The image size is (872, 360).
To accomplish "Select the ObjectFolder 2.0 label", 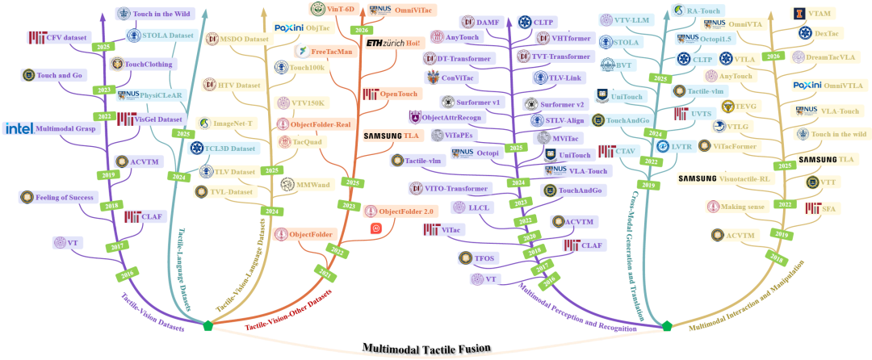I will [406, 211].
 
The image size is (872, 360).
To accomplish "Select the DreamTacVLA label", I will [828, 57].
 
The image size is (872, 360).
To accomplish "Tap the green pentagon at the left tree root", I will [209, 326].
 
